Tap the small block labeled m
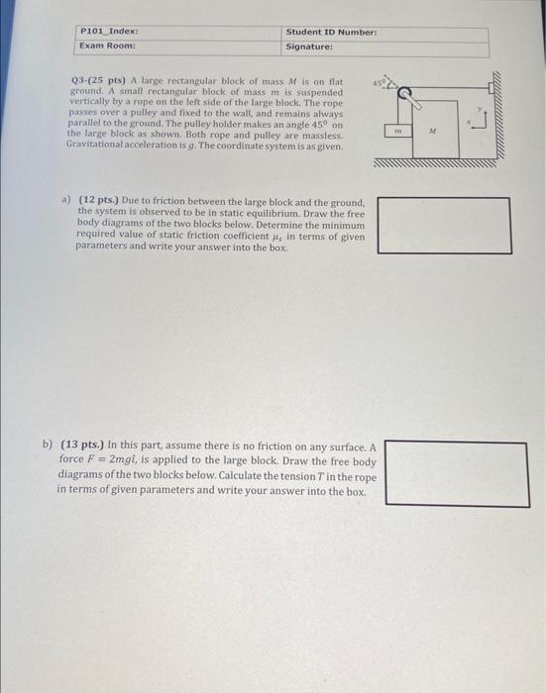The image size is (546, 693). tap(397, 129)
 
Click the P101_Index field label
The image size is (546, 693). tap(103, 33)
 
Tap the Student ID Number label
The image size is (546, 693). tap(331, 33)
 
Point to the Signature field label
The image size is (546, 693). tap(309, 47)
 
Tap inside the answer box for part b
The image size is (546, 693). tap(455, 473)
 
